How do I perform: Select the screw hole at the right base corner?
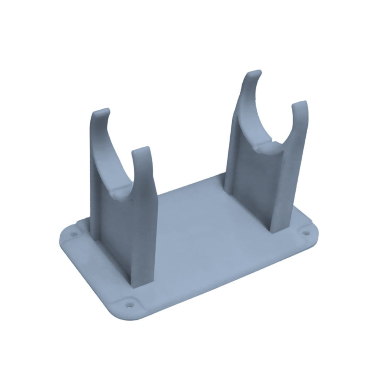coord(306,234)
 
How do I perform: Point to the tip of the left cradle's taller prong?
coord(102,111)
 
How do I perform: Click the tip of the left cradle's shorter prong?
coord(141,149)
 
